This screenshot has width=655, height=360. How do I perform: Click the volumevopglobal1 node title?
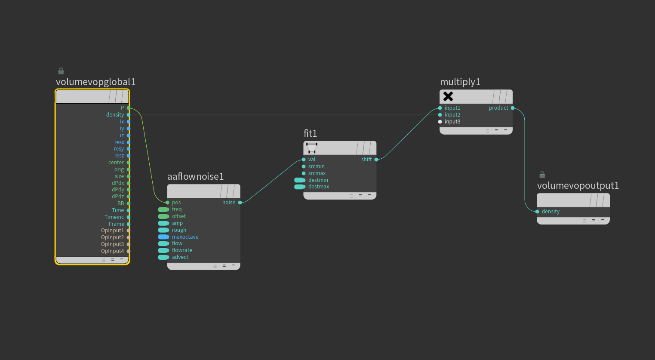(95, 82)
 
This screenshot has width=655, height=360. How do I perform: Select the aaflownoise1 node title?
(195, 177)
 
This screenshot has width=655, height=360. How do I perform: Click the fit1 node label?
(310, 134)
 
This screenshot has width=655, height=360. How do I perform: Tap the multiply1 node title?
(460, 82)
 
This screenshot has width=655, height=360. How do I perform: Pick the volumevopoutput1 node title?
(578, 186)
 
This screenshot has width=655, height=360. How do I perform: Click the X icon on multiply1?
(448, 96)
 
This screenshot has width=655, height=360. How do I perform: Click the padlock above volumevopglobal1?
(61, 71)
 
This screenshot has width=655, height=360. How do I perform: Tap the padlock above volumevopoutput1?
(542, 175)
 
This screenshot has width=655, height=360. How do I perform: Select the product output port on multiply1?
(513, 108)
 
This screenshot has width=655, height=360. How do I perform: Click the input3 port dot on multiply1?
(440, 122)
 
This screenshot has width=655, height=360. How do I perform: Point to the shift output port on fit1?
(376, 160)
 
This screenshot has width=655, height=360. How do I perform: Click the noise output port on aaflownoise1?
(240, 203)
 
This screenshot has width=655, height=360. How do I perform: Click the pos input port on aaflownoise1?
(167, 203)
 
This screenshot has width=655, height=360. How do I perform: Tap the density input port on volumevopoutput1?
(537, 212)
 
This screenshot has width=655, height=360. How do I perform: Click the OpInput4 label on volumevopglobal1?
(112, 251)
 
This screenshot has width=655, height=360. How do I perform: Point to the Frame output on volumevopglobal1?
(129, 224)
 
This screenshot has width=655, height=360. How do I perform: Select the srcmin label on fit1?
(316, 166)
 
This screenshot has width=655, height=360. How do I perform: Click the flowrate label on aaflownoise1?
(182, 250)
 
